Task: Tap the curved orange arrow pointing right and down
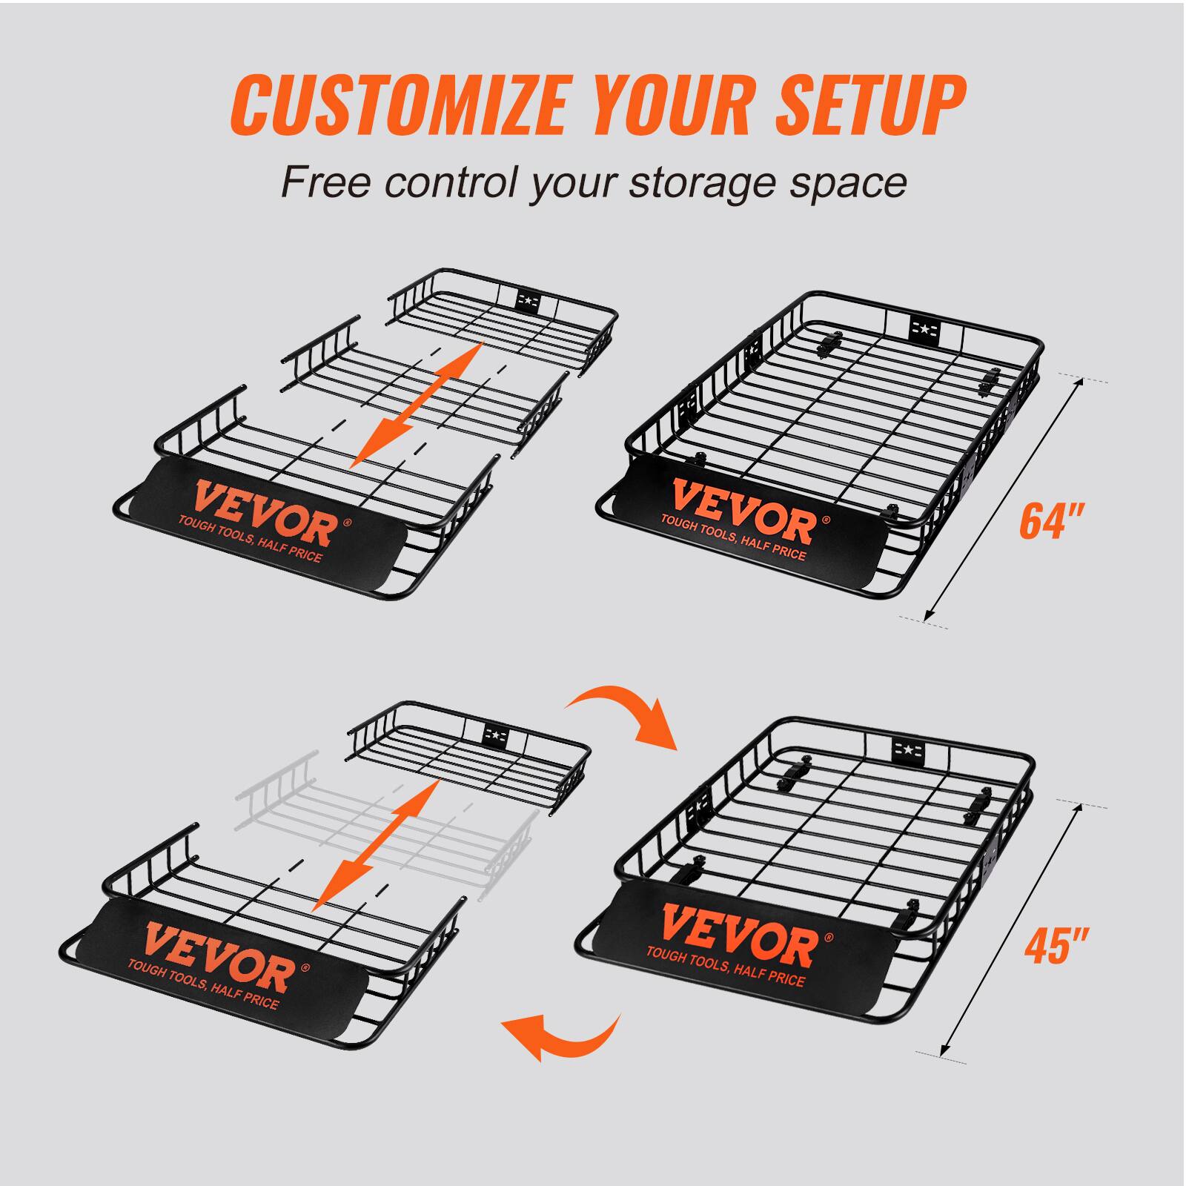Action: tap(629, 713)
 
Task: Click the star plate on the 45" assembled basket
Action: tap(906, 753)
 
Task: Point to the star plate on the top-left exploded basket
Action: tap(527, 300)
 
